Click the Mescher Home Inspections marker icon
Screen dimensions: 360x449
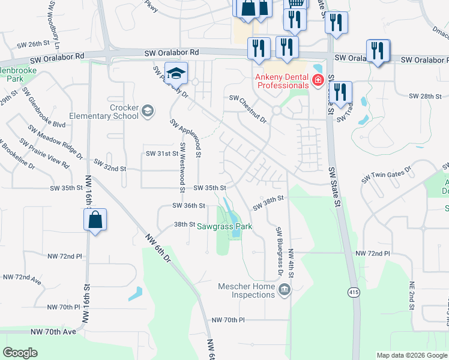tap(284, 290)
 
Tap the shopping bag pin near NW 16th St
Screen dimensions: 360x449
tap(95, 220)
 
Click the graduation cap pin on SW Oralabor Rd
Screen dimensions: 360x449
tap(176, 73)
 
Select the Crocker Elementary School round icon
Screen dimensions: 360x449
tap(148, 112)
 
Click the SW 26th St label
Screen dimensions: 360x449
tap(32, 44)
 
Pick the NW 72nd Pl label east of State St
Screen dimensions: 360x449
tap(373, 254)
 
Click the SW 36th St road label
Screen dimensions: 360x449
tap(188, 205)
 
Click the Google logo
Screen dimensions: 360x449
tap(20, 353)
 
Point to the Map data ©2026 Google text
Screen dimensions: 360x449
tap(411, 355)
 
